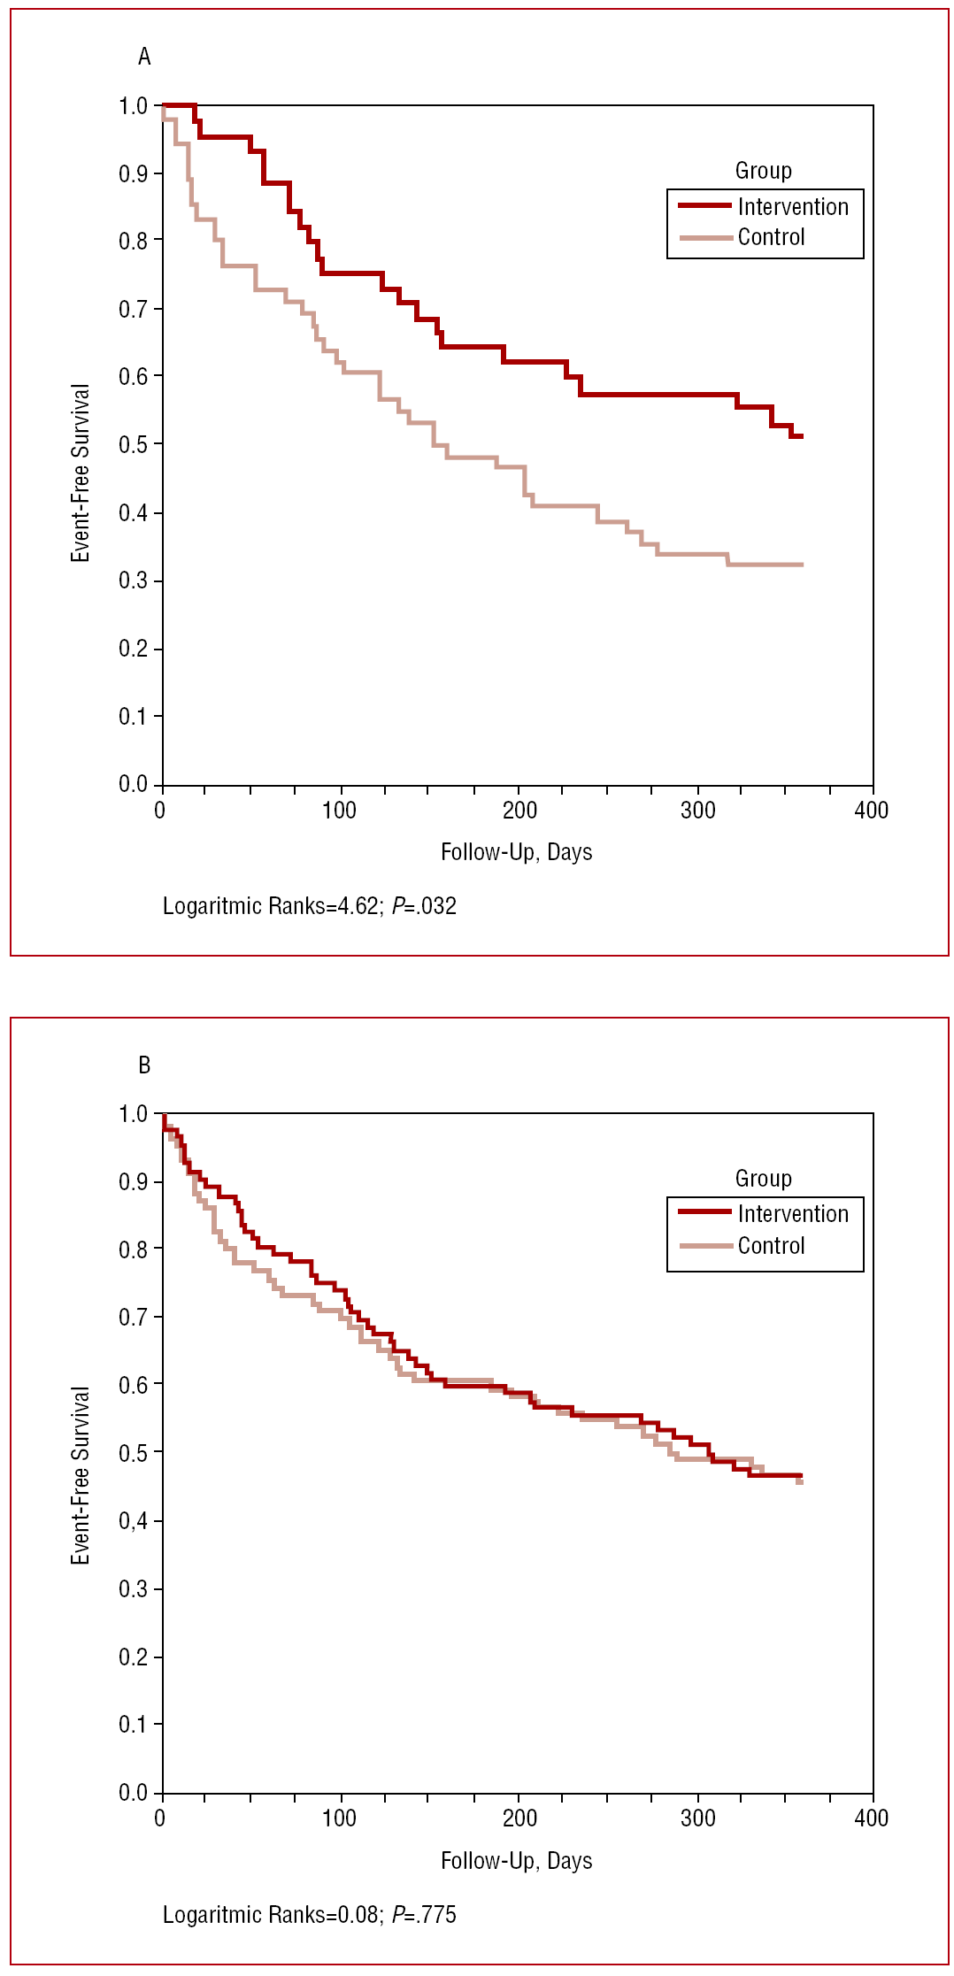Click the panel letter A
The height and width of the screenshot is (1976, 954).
click(144, 58)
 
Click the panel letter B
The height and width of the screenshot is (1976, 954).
click(144, 1065)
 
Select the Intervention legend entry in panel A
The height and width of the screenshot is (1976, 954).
click(793, 207)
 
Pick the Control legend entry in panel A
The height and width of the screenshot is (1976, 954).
click(771, 237)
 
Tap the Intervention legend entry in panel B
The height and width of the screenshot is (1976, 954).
click(793, 1214)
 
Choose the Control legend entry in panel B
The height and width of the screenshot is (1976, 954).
click(771, 1246)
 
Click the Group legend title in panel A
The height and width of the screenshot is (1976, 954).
click(763, 171)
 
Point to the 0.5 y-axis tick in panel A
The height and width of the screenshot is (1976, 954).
click(134, 444)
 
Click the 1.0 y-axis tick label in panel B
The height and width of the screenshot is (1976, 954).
click(134, 1114)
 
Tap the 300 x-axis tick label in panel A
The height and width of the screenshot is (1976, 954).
click(697, 811)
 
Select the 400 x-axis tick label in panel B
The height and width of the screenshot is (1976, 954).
click(871, 1818)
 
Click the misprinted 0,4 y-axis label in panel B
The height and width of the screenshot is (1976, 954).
click(134, 1521)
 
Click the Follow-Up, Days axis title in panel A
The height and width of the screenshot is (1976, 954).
click(516, 852)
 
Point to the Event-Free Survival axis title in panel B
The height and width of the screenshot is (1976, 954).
click(81, 1475)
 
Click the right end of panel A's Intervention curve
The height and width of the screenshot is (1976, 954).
click(801, 436)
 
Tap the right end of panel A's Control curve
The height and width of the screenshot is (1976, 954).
click(801, 565)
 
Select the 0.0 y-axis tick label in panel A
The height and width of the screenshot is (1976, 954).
click(134, 784)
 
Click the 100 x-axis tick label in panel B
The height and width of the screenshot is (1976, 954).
click(339, 1818)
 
